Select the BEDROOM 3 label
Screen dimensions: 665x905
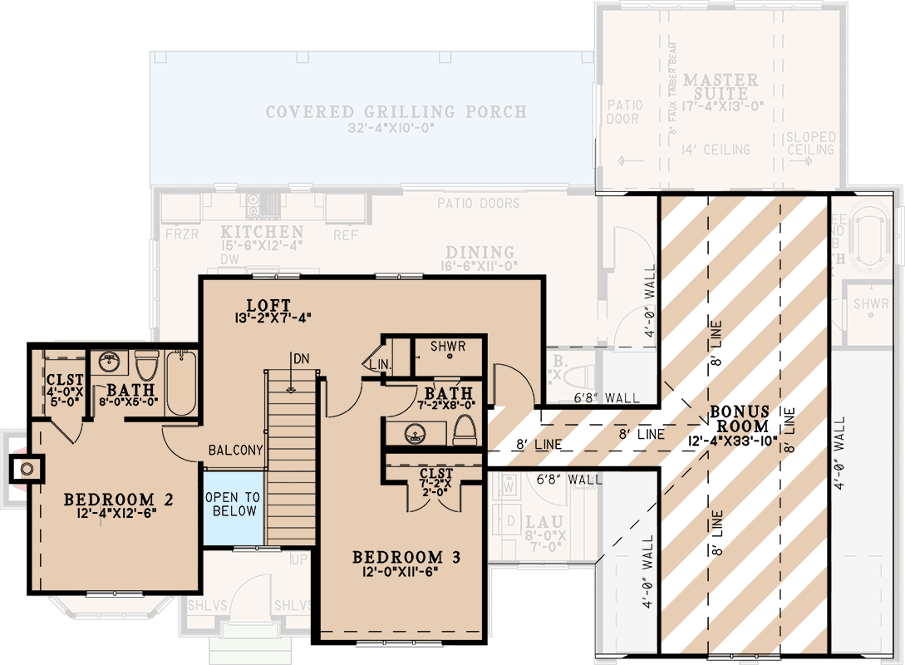(x=406, y=557)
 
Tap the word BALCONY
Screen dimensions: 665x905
(x=235, y=451)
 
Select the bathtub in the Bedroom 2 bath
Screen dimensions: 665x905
(x=180, y=383)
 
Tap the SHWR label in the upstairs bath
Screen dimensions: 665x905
(x=447, y=346)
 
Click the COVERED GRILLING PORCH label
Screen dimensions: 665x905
(x=396, y=111)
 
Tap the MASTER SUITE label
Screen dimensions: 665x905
(x=721, y=87)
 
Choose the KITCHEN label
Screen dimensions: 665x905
(x=262, y=232)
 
